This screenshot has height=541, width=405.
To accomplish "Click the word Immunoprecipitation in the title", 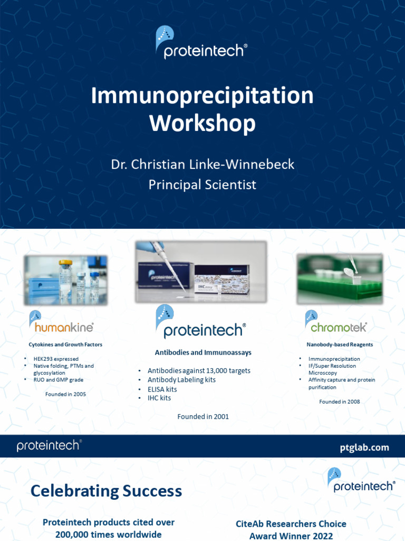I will point(202,96).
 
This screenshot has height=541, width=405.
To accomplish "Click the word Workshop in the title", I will point(202,123).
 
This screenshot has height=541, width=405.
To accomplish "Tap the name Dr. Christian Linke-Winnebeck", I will point(202,164).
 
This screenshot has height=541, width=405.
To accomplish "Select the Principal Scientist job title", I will point(202,185).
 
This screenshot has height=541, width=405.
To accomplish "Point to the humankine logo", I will point(62,322).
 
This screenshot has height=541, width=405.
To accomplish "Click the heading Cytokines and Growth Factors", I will point(65,344).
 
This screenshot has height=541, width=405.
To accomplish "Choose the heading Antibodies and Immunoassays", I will point(203,352).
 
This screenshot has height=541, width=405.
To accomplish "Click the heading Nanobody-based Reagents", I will point(340,344).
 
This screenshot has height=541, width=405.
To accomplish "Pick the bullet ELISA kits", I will point(162,389).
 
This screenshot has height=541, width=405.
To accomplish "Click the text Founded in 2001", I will point(203,417).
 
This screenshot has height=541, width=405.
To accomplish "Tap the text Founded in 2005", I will point(65,394).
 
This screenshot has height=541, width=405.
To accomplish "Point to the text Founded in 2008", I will point(340,402).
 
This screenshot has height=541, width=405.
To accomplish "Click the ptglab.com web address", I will point(364,447).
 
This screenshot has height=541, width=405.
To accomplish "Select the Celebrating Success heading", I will point(106,491).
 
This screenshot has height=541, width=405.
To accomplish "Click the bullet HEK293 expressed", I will point(56,359).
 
